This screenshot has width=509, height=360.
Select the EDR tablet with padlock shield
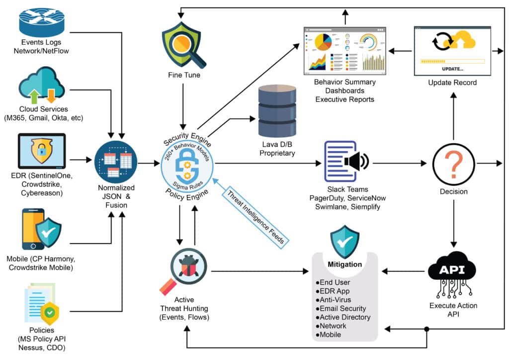point(42,155)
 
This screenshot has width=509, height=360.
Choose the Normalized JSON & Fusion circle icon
point(115,162)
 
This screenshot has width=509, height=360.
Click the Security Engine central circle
point(187,163)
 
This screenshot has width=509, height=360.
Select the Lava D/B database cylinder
point(277,112)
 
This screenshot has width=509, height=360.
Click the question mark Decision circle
point(453,163)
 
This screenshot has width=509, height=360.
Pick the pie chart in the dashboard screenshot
point(323,43)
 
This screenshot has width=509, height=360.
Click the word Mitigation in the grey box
point(344,264)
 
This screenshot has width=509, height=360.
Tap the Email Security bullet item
point(342,309)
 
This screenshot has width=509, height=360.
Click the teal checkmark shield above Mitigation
point(344,241)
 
